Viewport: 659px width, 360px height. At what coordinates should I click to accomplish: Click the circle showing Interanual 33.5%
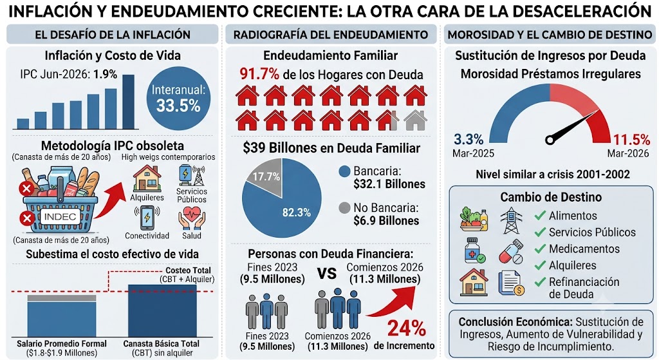point(178,99)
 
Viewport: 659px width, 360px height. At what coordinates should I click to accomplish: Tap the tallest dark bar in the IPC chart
point(128,102)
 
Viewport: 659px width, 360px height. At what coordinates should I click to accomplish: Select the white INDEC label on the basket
point(60,216)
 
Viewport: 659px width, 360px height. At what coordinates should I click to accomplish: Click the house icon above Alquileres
point(147,178)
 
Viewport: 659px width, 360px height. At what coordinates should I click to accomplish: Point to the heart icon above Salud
point(192,218)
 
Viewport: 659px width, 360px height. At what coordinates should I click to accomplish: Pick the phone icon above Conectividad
point(147,217)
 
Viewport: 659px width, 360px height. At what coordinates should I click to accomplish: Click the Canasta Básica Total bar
point(162,310)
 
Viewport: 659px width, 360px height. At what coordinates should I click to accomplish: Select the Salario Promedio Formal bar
point(62,316)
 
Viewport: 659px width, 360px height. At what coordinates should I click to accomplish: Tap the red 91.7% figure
point(259,74)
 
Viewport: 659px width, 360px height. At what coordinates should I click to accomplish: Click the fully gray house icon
point(415,120)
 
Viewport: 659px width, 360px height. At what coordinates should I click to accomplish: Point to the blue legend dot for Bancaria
point(344,171)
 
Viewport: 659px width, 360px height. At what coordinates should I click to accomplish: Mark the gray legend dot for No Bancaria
point(344,208)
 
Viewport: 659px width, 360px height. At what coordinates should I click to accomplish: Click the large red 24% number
point(407,328)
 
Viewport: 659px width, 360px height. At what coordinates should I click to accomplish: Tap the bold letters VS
point(326,273)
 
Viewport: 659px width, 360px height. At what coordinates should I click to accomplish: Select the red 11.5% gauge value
point(631,140)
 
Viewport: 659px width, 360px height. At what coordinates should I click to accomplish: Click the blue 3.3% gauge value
point(469,139)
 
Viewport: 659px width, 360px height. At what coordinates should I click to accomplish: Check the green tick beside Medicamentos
point(540,249)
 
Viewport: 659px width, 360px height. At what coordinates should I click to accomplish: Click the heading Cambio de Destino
point(551,197)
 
